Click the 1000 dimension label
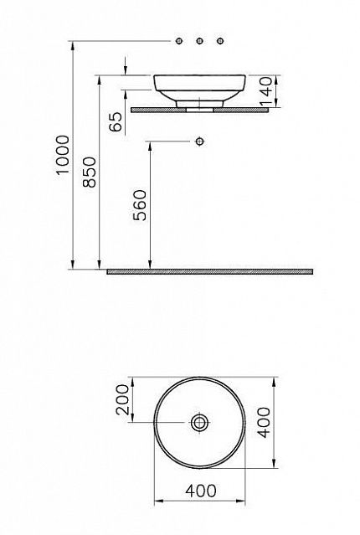pyautogui.click(x=63, y=155)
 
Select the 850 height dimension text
pyautogui.click(x=90, y=172)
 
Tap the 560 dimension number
pyautogui.click(x=140, y=205)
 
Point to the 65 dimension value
pyautogui.click(x=116, y=121)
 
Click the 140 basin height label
pyautogui.click(x=266, y=91)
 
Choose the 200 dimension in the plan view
pyautogui.click(x=122, y=399)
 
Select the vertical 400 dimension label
pyautogui.click(x=264, y=423)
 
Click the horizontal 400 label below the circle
pyautogui.click(x=201, y=491)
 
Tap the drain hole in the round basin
pyautogui.click(x=199, y=423)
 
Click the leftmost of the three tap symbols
pyautogui.click(x=179, y=41)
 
